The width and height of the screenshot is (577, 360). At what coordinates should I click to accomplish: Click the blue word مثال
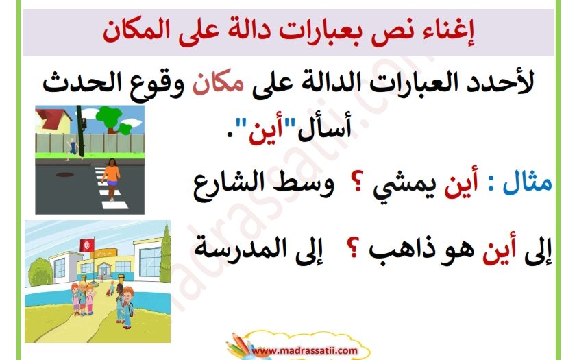(528, 182)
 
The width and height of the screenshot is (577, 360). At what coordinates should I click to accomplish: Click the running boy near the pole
(72, 149)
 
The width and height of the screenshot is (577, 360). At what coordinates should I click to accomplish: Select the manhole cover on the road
(64, 174)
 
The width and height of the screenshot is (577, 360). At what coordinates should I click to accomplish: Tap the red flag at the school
(87, 245)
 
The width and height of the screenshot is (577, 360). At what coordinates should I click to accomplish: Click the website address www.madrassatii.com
(305, 350)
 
